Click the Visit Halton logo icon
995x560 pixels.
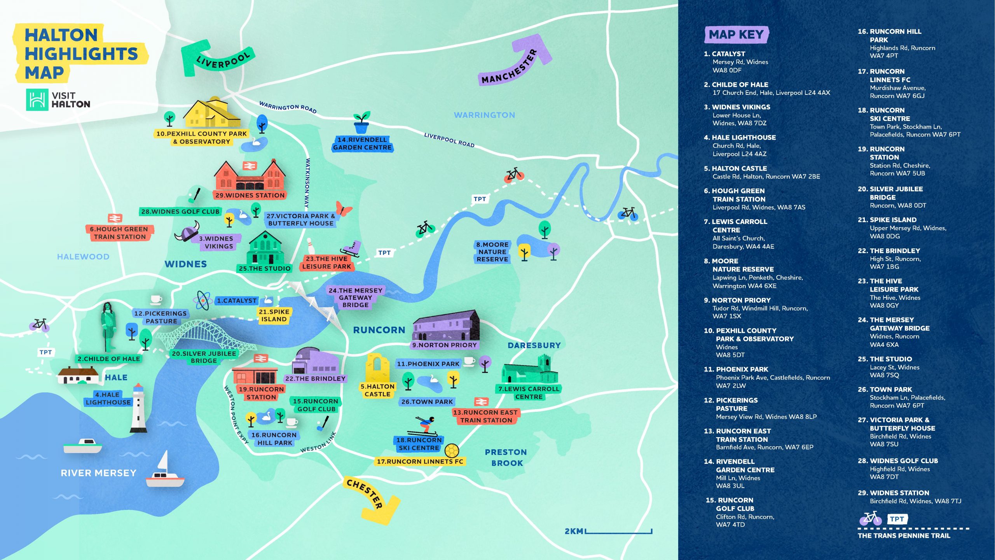(37, 100)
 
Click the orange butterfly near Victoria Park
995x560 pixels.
(344, 209)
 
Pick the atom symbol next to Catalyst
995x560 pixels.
(202, 300)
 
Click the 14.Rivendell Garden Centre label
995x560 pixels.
(362, 143)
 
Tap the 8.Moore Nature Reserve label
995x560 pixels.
(492, 252)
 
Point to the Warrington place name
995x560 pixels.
(484, 115)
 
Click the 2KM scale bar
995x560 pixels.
(618, 531)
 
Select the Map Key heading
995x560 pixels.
(736, 35)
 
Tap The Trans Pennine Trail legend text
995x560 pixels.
(904, 535)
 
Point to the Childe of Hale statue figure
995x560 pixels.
(108, 327)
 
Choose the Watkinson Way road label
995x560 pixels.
(307, 183)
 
